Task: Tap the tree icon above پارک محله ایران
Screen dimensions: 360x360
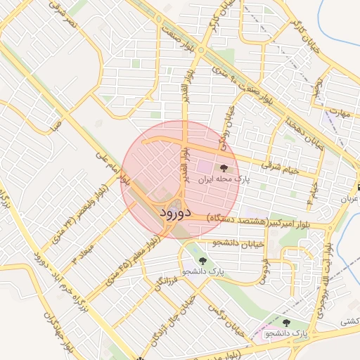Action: coord(224,168)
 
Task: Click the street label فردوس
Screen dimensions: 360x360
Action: coord(264,271)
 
